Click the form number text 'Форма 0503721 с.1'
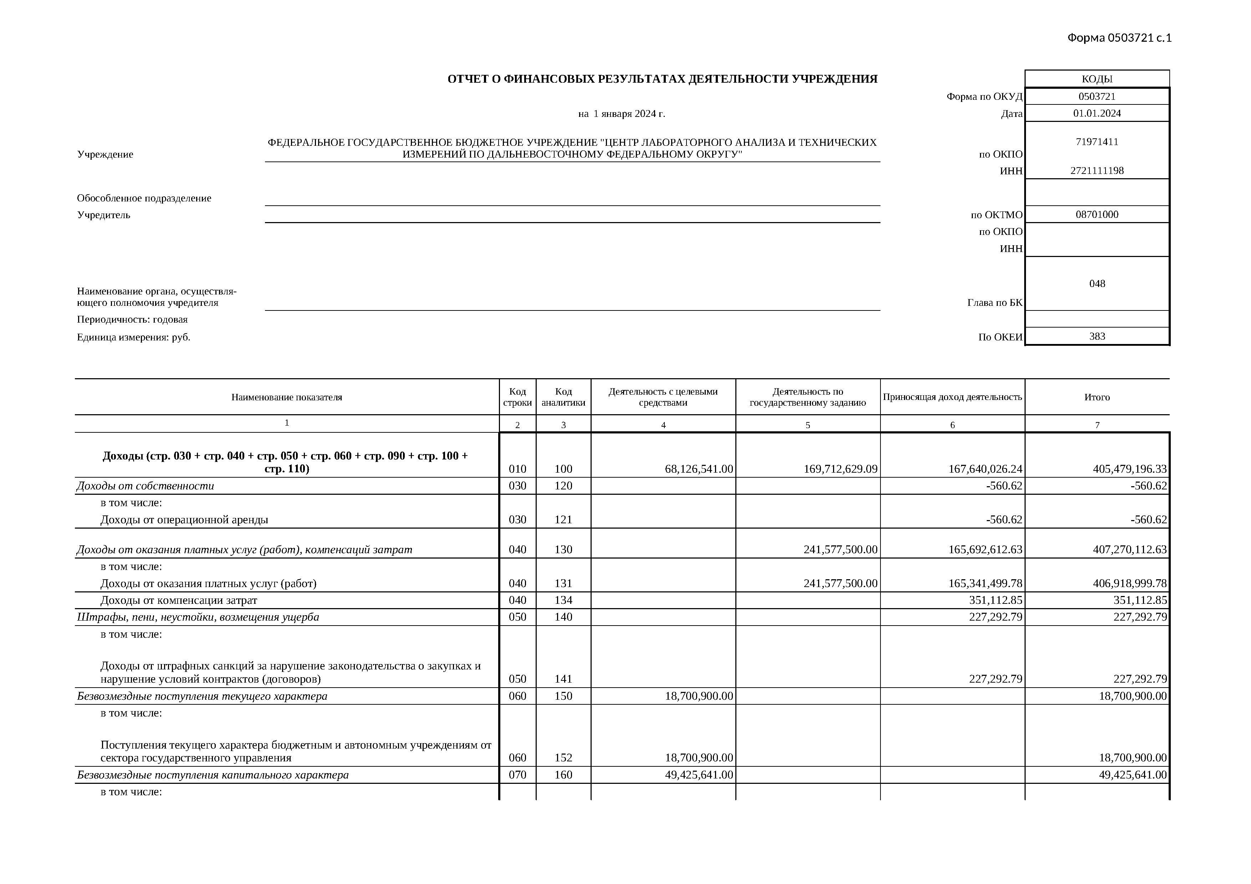click(1119, 37)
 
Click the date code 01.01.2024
click(1097, 113)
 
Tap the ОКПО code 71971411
click(1097, 142)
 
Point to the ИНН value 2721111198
click(1097, 170)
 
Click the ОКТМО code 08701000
click(1097, 215)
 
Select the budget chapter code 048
click(1097, 283)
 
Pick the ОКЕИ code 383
click(1097, 336)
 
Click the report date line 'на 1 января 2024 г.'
click(622, 114)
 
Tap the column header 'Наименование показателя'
click(287, 397)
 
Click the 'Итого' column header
click(1097, 397)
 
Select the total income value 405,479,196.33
click(1129, 469)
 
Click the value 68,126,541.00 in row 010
click(699, 469)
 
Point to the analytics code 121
click(563, 520)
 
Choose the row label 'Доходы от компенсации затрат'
click(179, 600)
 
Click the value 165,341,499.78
click(985, 584)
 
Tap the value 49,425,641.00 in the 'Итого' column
click(1132, 775)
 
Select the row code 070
click(517, 775)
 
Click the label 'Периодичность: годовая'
click(132, 320)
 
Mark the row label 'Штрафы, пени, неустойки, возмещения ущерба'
click(198, 617)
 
